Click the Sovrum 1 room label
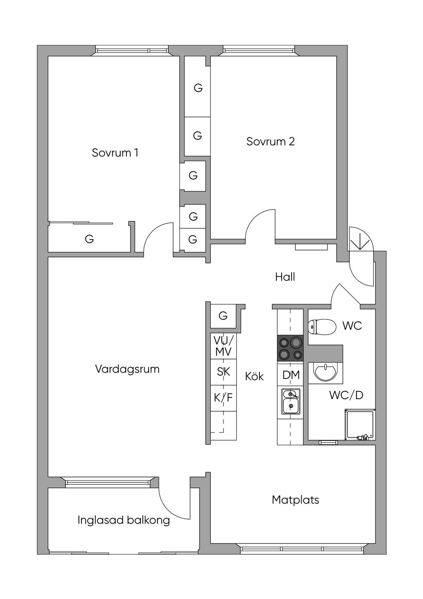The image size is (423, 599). (x=115, y=153)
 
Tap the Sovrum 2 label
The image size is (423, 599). (x=271, y=141)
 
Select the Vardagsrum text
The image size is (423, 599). (x=127, y=369)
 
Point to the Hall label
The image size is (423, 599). (x=285, y=277)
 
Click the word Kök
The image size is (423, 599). (x=254, y=376)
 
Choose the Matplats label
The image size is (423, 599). (x=295, y=500)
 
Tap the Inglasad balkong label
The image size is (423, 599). (x=124, y=520)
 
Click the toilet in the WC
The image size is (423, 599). (x=322, y=326)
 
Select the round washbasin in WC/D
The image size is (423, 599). (x=326, y=370)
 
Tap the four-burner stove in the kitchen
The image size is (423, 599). (x=290, y=348)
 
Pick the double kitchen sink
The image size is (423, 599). (x=291, y=401)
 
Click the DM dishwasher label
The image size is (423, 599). (x=291, y=375)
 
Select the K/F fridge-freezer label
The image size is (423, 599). (x=223, y=398)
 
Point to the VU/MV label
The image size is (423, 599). (x=223, y=346)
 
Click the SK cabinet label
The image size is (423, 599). (x=223, y=372)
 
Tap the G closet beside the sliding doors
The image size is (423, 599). (x=89, y=239)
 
